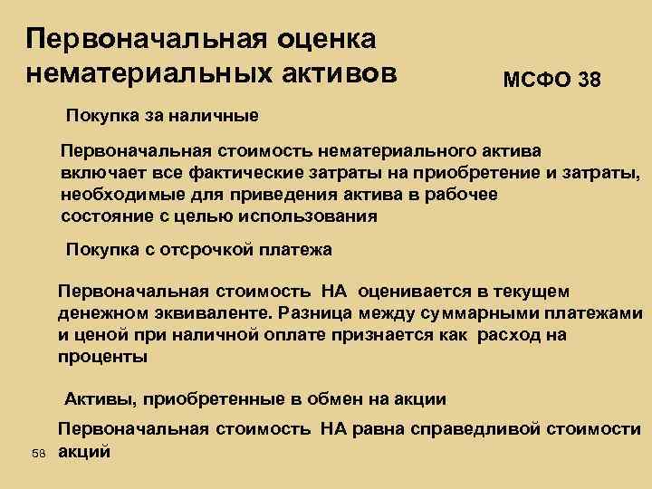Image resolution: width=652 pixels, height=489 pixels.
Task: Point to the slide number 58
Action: point(36,452)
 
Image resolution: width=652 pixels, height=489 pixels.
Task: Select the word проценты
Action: point(101,357)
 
